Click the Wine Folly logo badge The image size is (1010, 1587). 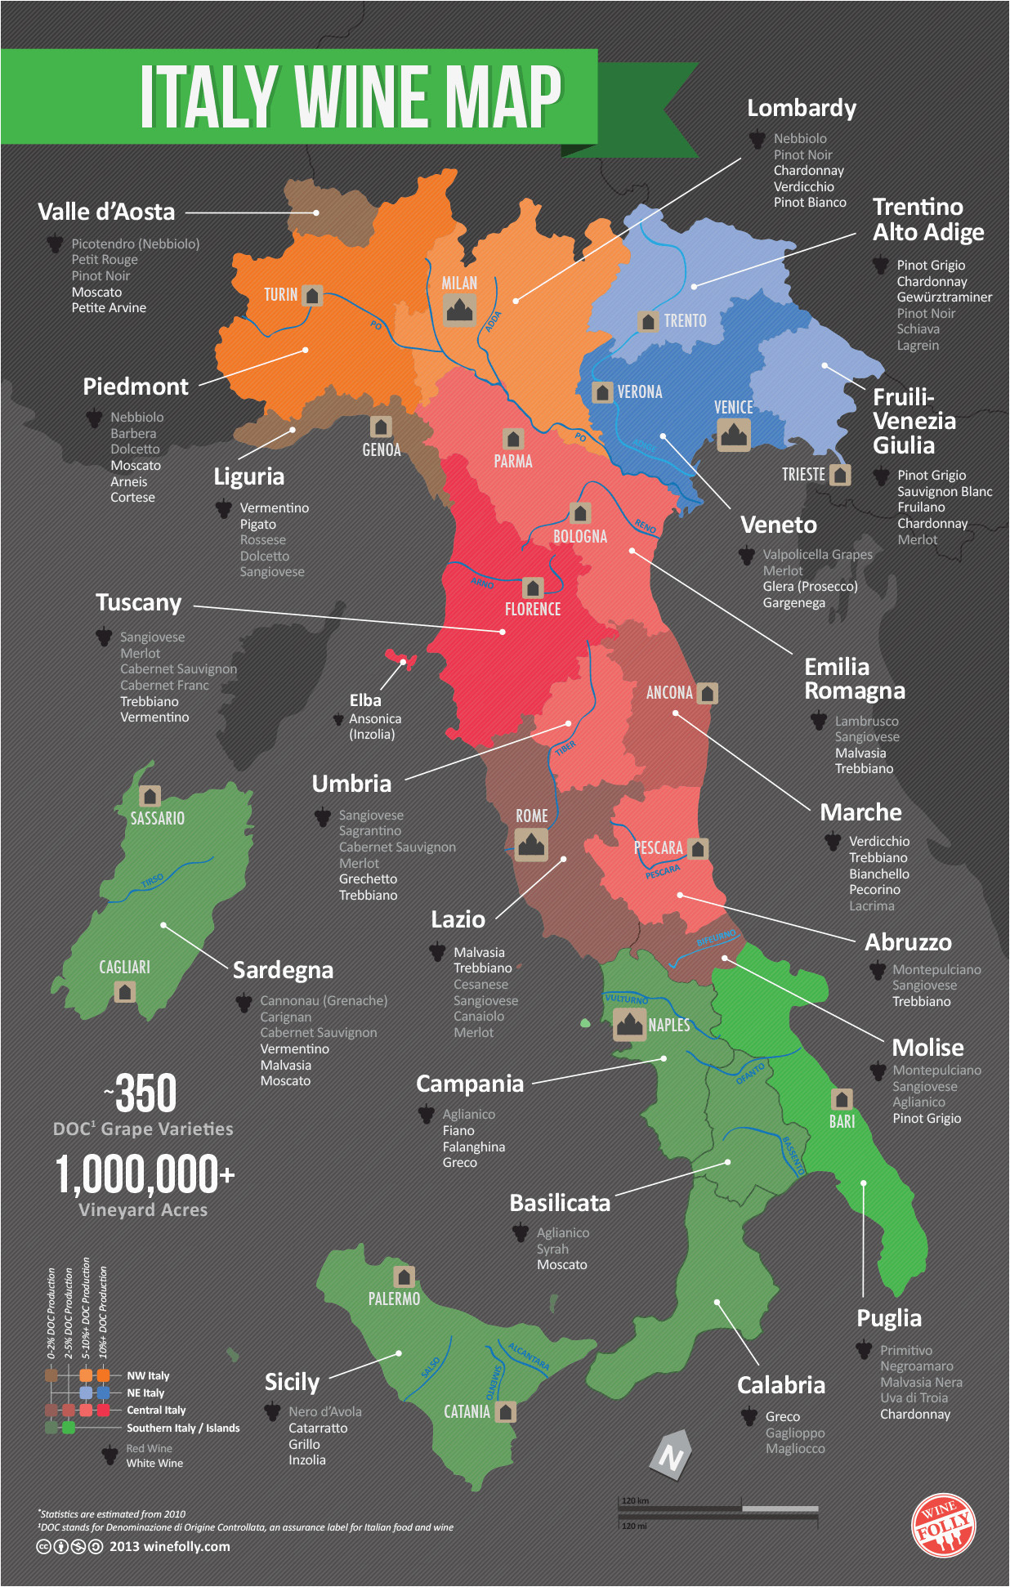pyautogui.click(x=943, y=1525)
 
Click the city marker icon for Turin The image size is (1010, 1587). pyautogui.click(x=312, y=295)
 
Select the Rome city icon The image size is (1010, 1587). pyautogui.click(x=531, y=844)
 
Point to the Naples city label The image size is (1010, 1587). pyautogui.click(x=669, y=1025)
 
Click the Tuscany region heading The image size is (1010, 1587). pyautogui.click(x=139, y=603)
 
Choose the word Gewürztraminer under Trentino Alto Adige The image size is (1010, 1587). pyautogui.click(x=944, y=297)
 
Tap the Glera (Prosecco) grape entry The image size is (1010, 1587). pyautogui.click(x=810, y=587)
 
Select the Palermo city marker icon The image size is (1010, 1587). pyautogui.click(x=404, y=1276)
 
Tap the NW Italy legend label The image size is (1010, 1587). pyautogui.click(x=148, y=1375)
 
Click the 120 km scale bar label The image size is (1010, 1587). pyautogui.click(x=635, y=1500)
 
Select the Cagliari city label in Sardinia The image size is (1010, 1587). pyautogui.click(x=124, y=968)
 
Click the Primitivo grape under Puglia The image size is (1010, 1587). pyautogui.click(x=905, y=1350)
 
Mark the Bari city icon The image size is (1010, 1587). pyautogui.click(x=842, y=1099)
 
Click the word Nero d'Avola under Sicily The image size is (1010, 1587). pyautogui.click(x=324, y=1411)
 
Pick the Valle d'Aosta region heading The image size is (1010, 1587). pyautogui.click(x=106, y=212)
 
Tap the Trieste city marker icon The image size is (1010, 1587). pyautogui.click(x=840, y=475)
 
